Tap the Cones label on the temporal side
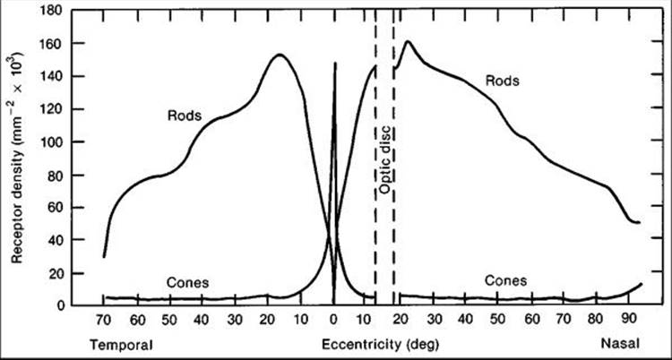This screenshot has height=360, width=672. (186, 282)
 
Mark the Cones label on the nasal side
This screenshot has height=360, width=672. (505, 280)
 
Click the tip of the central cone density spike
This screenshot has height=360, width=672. (334, 64)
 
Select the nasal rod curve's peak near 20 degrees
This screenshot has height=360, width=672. (409, 41)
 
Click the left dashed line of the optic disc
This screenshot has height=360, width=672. (375, 179)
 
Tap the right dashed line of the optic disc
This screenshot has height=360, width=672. (392, 179)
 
